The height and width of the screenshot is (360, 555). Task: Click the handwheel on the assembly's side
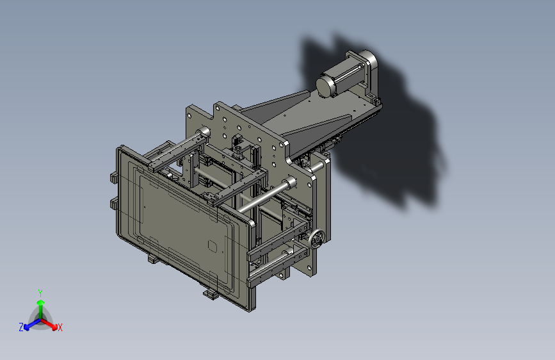[316, 240]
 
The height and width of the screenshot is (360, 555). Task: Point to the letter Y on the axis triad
[40, 293]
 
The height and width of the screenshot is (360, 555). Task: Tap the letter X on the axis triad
[60, 327]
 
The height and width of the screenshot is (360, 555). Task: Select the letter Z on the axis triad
[21, 327]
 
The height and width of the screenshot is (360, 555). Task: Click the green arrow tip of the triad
[41, 303]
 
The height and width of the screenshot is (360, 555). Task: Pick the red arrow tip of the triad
[54, 327]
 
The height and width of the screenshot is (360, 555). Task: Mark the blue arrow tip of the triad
[27, 327]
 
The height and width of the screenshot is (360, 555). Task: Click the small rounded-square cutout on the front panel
[212, 246]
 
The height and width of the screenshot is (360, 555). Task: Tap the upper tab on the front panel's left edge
[113, 177]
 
